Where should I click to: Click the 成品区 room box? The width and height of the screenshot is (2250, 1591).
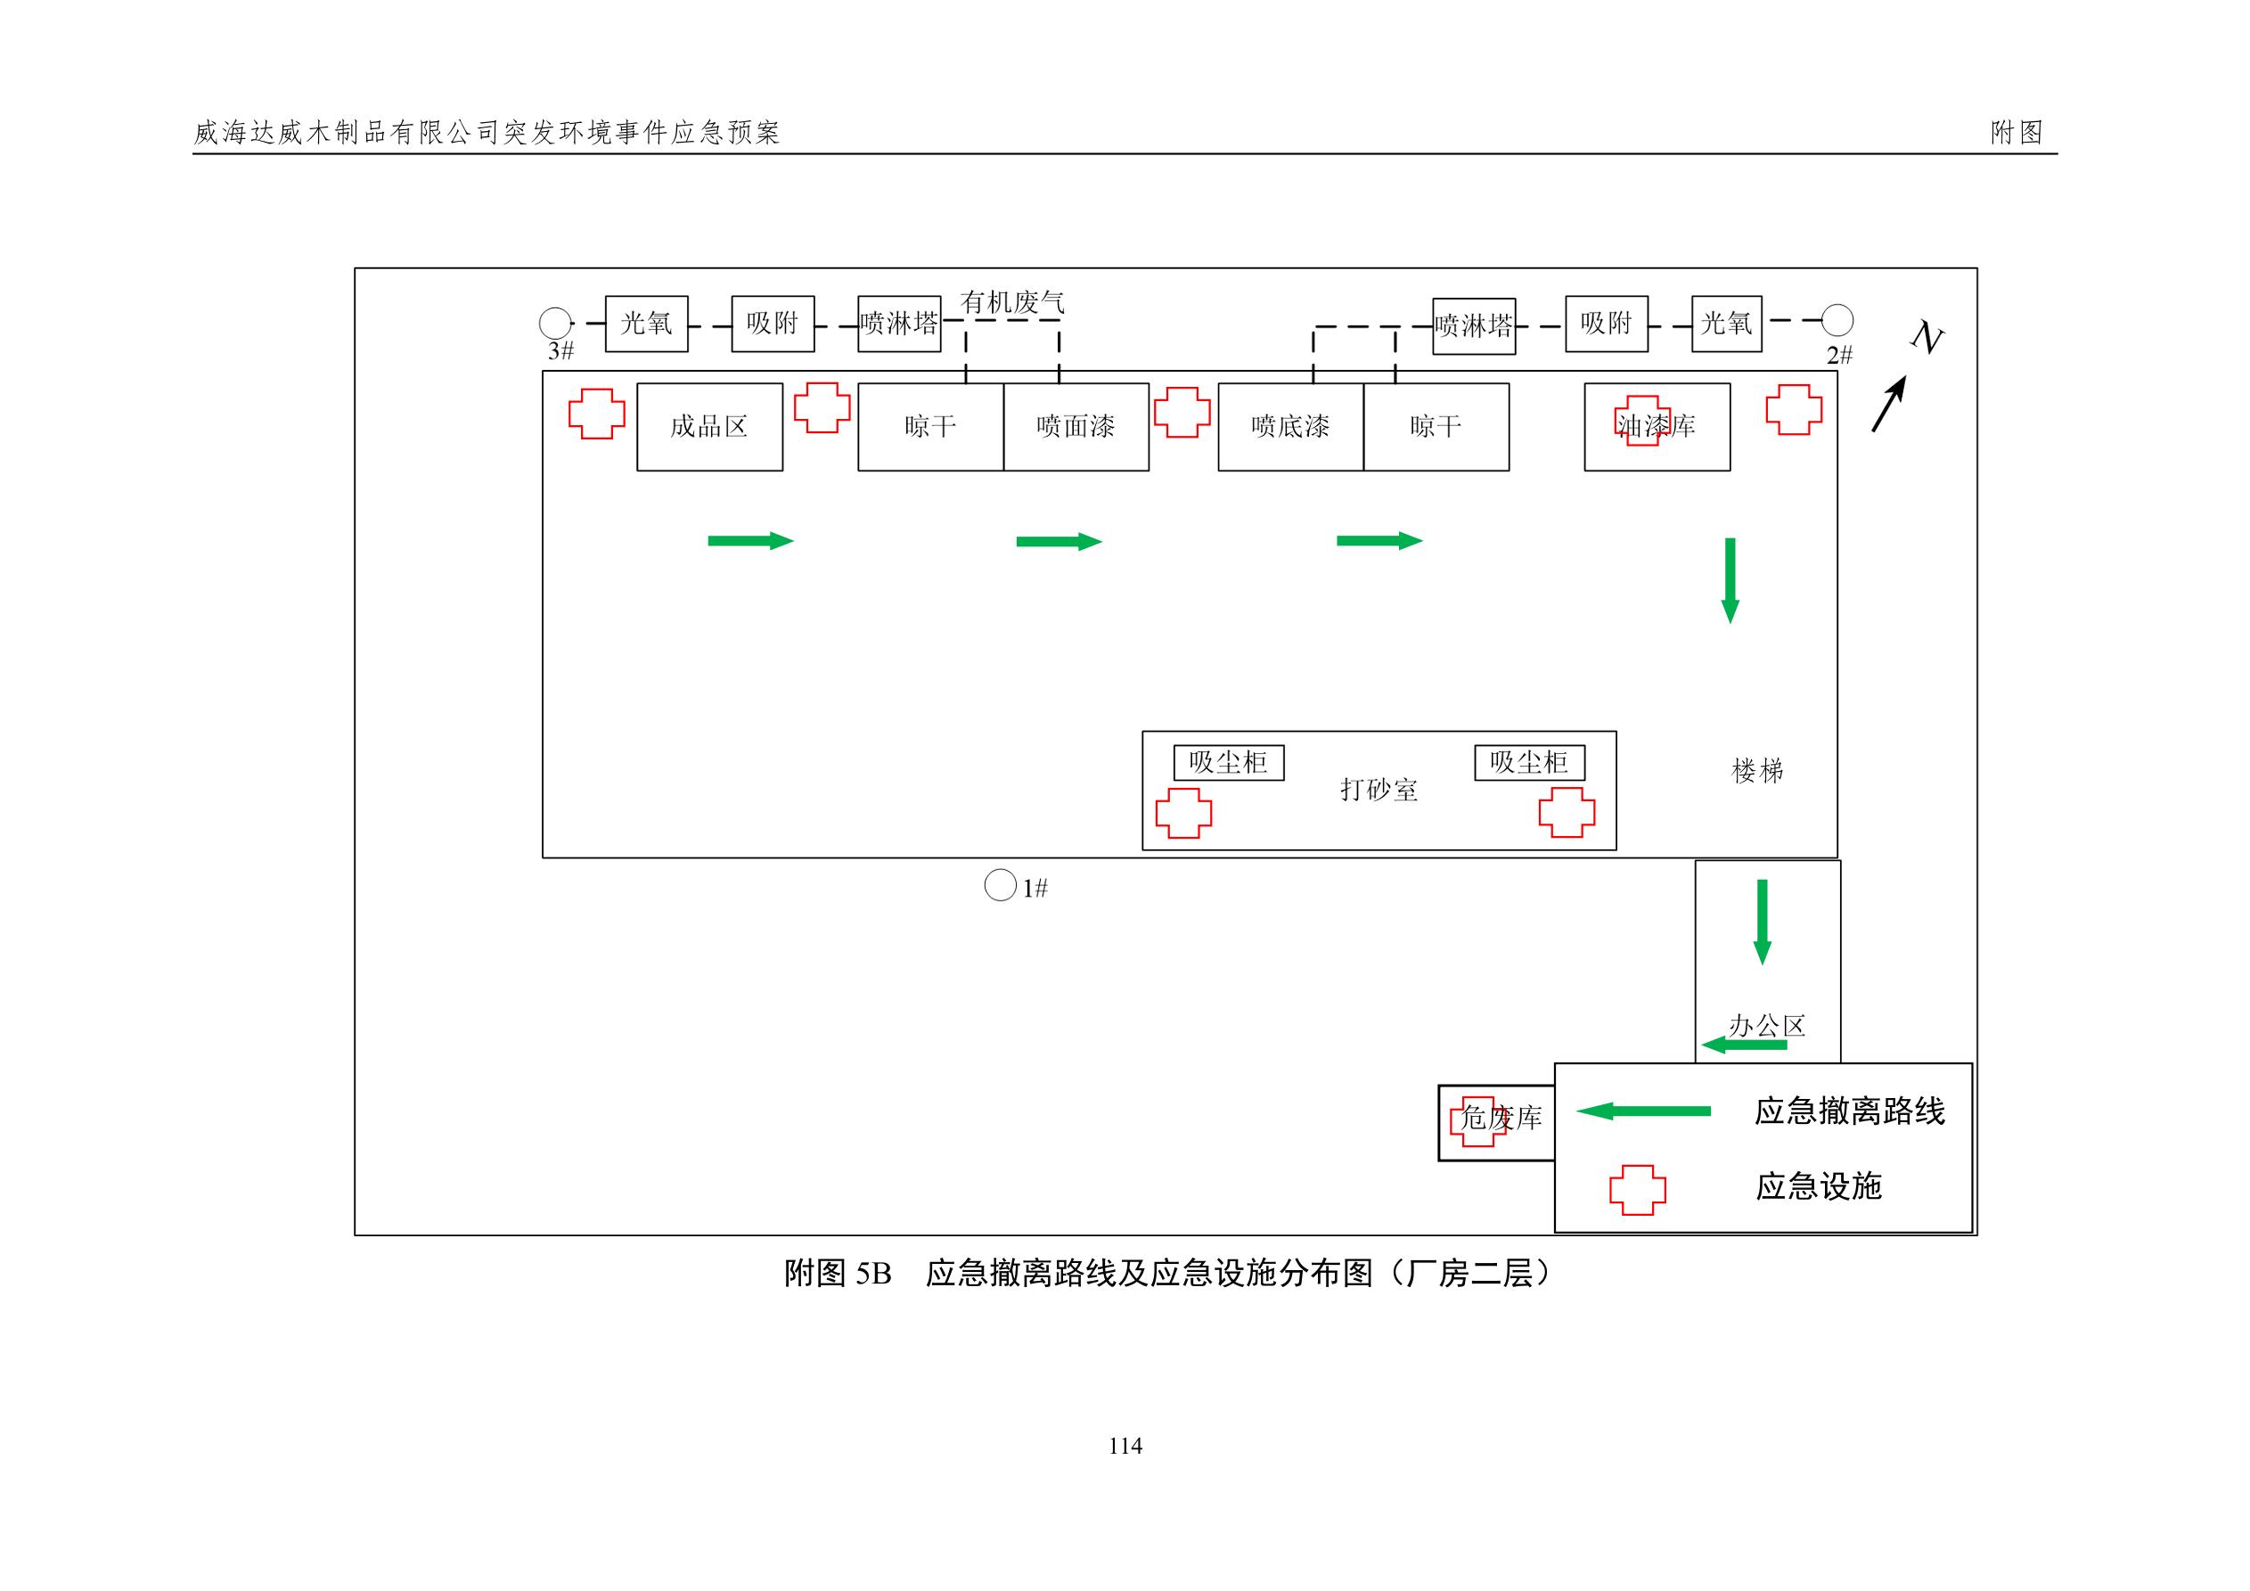[x=709, y=426]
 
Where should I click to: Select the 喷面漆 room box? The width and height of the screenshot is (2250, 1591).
[x=1076, y=426]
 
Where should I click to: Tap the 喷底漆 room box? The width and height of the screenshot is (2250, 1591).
[x=1290, y=426]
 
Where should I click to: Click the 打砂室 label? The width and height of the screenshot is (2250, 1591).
[x=1379, y=790]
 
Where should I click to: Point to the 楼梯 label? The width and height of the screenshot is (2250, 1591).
[x=1758, y=772]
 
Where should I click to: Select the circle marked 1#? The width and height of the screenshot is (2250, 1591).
[x=1000, y=885]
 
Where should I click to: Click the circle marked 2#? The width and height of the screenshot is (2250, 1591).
[x=1837, y=321]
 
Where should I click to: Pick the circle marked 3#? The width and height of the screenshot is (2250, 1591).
[x=556, y=323]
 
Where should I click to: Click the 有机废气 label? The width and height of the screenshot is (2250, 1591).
[x=1012, y=302]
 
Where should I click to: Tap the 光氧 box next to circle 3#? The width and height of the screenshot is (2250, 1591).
[x=647, y=324]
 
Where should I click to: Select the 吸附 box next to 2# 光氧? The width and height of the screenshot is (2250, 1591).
[x=1606, y=324]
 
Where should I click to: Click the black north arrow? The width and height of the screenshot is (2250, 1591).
[x=1888, y=404]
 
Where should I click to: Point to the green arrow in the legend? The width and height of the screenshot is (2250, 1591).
[x=1643, y=1111]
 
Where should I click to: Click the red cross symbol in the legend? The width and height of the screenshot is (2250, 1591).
[x=1638, y=1190]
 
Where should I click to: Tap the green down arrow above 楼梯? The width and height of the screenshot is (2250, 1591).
[x=1730, y=579]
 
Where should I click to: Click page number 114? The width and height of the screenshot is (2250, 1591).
[x=1125, y=1446]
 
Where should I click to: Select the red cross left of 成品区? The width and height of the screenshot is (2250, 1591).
[x=597, y=414]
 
